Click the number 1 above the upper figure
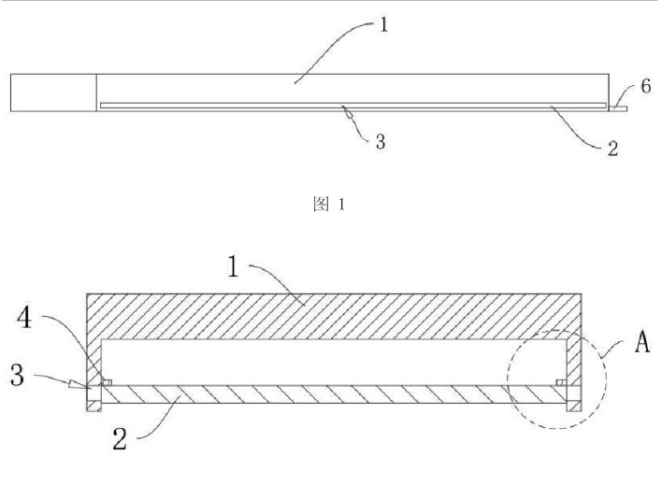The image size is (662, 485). click(383, 24)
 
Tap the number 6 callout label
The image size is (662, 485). click(646, 86)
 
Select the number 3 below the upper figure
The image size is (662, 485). click(381, 142)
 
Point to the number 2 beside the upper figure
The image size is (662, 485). click(612, 149)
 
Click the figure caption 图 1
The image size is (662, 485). click(329, 204)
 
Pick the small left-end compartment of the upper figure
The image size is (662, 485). click(53, 93)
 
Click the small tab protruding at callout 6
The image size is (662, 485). click(618, 109)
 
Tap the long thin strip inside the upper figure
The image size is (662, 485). click(353, 105)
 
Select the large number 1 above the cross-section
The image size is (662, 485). click(233, 266)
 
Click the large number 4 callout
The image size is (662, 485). click(24, 318)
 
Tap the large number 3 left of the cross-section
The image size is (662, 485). click(18, 375)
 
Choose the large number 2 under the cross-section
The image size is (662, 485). click(120, 438)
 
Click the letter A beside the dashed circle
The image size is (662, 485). click(642, 341)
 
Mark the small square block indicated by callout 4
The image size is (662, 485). click(107, 382)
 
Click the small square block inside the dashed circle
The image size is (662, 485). click(561, 382)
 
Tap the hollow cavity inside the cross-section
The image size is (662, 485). click(334, 363)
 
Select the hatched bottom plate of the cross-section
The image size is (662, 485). click(334, 394)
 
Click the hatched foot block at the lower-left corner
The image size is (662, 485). click(94, 407)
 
